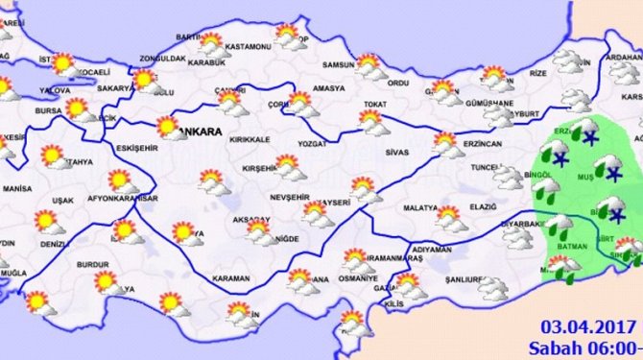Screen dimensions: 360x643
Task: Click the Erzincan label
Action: coord(481,143)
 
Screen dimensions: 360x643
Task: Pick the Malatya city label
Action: coord(419,207)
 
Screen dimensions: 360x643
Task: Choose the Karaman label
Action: coord(230,278)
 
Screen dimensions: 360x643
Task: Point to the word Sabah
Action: coord(554,348)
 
